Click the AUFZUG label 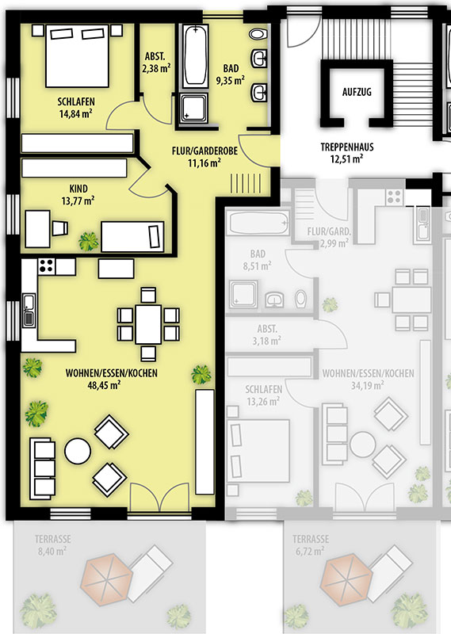357,92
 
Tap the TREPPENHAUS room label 347,147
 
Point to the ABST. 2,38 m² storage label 155,63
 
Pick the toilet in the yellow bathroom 258,33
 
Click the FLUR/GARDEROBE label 204,151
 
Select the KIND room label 78,189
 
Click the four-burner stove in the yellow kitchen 47,266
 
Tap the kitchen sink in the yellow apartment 29,310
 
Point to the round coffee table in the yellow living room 78,451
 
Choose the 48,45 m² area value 104,385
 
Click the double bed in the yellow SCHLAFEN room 77,55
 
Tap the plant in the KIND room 88,242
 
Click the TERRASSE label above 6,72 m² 311,539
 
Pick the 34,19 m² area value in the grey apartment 367,385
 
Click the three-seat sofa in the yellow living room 42,468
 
